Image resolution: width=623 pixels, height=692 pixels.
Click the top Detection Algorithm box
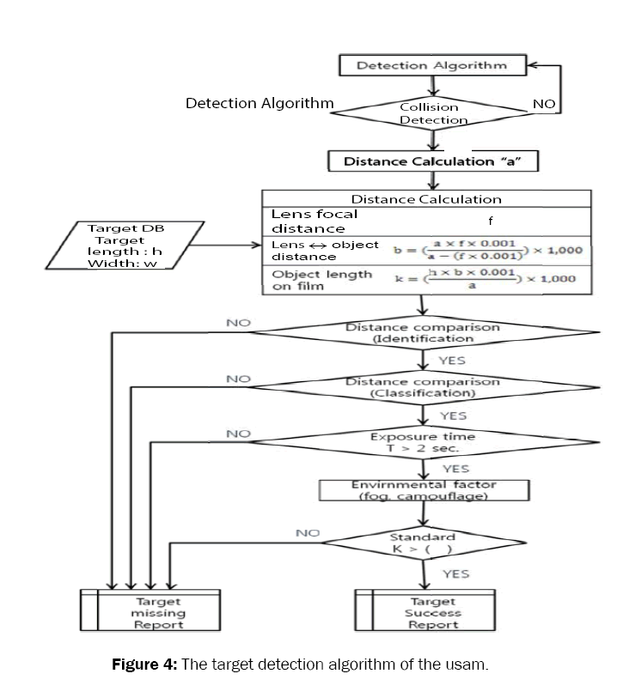click(431, 64)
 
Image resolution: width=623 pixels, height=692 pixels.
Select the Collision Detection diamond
click(433, 113)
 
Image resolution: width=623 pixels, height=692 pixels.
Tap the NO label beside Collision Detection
click(543, 103)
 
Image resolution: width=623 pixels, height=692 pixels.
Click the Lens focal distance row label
click(315, 222)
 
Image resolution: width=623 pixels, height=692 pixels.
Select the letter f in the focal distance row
click(490, 221)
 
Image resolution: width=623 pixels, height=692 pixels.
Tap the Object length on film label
click(310, 281)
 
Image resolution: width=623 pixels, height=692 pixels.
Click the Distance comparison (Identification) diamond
click(422, 332)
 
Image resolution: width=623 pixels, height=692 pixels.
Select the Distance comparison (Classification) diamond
click(422, 386)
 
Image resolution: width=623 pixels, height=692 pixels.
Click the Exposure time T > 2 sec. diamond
click(422, 442)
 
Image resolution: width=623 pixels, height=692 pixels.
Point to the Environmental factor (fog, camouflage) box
click(422, 490)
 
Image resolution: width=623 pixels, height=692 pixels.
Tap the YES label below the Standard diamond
click(455, 573)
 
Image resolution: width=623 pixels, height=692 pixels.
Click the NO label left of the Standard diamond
click(308, 533)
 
